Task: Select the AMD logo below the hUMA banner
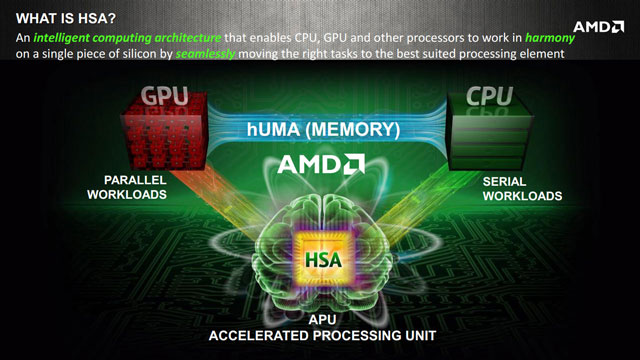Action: tap(320, 163)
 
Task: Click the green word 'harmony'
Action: tap(599, 37)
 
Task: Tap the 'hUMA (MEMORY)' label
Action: tap(323, 129)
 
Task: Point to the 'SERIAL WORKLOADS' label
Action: tap(521, 187)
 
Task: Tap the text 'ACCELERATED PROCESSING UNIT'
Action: tap(320, 335)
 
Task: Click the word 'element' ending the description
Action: tap(541, 54)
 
